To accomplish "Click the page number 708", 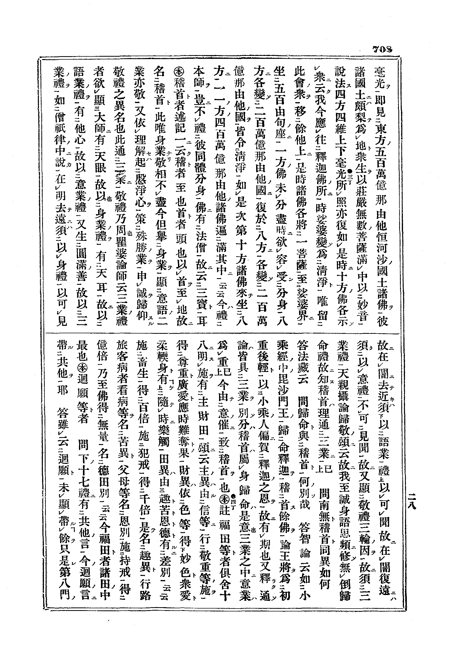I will (x=382, y=49).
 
